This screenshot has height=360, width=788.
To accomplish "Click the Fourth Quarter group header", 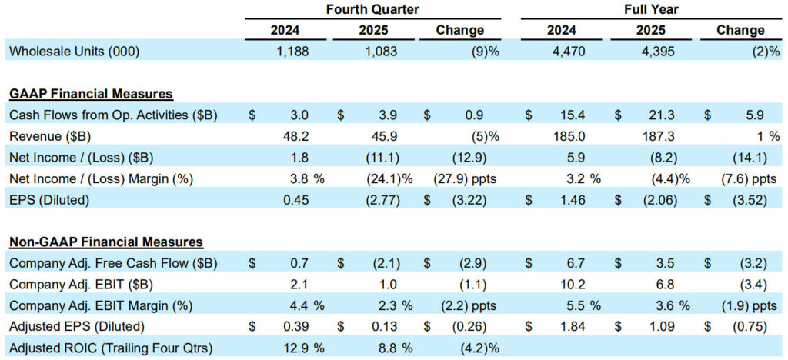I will pyautogui.click(x=372, y=9).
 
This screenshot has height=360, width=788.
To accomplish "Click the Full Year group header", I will pyautogui.click(x=650, y=9).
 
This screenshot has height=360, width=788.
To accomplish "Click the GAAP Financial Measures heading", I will pyautogui.click(x=91, y=94).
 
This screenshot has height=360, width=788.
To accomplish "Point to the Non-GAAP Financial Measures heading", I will pyautogui.click(x=106, y=242).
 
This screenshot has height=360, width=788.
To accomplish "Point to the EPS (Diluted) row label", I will pyautogui.click(x=48, y=200).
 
